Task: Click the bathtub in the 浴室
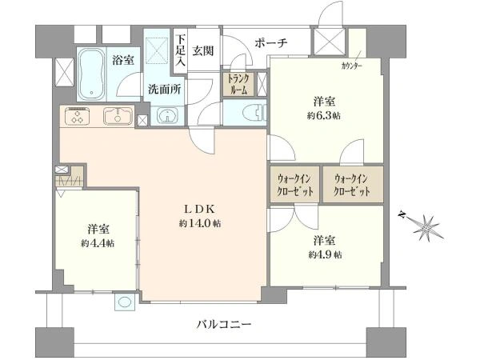coord(91,74)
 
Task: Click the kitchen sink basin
coord(118,116)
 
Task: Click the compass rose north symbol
coord(422,224)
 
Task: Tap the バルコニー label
coord(224,323)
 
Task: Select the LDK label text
coord(200,209)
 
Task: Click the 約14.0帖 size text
coord(200,223)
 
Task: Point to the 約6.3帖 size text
coord(324,116)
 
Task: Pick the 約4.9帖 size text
coord(325,254)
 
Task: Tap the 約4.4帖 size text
coord(98,243)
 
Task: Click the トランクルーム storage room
coord(238,84)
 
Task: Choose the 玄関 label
coord(202,50)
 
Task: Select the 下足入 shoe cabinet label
coord(181,51)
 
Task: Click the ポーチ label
coord(271,43)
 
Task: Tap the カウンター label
coord(352,66)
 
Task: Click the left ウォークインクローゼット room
coord(294,185)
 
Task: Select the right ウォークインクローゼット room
coord(354,185)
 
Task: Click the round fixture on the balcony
coord(124,302)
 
